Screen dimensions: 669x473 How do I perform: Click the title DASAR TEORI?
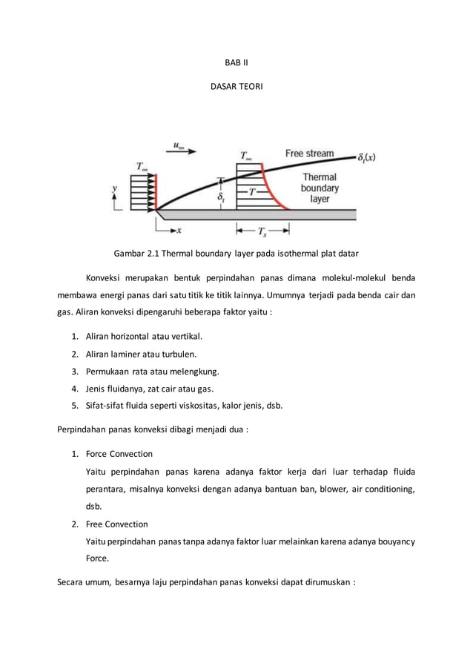pyautogui.click(x=236, y=88)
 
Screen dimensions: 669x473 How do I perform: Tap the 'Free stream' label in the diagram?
pyautogui.click(x=309, y=154)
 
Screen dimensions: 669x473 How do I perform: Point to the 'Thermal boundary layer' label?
pyautogui.click(x=320, y=188)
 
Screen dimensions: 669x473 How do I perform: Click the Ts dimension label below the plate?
pyautogui.click(x=262, y=231)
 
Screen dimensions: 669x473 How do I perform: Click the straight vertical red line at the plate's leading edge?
pyautogui.click(x=156, y=191)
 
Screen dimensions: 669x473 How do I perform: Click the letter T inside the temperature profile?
pyautogui.click(x=252, y=191)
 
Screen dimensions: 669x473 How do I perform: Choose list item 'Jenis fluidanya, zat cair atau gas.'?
pyautogui.click(x=150, y=388)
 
